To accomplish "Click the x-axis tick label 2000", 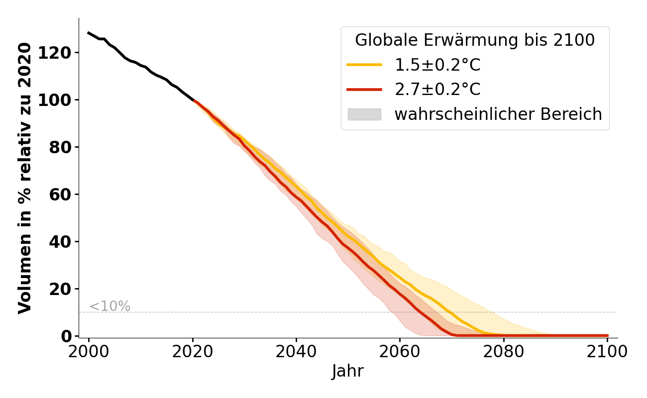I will click(x=89, y=352).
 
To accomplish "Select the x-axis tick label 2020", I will click(x=193, y=352).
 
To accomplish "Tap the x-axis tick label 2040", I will click(x=296, y=352).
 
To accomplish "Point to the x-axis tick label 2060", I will click(x=400, y=352).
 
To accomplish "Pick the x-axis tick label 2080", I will click(x=504, y=352).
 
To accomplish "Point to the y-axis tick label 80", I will click(x=62, y=147).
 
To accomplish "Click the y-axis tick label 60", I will click(x=62, y=195).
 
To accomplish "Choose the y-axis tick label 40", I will click(x=62, y=242).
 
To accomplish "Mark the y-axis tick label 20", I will click(x=62, y=289).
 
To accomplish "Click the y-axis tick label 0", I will click(x=66, y=336).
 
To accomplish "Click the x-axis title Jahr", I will click(x=347, y=372).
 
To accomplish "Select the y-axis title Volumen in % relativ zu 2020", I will click(x=25, y=178).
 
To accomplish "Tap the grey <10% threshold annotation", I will click(x=109, y=306).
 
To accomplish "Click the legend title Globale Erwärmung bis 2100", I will click(x=475, y=40).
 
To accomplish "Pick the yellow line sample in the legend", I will click(x=364, y=65).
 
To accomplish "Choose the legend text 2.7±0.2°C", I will click(x=437, y=90).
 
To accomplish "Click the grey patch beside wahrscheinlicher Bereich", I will click(x=364, y=114).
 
